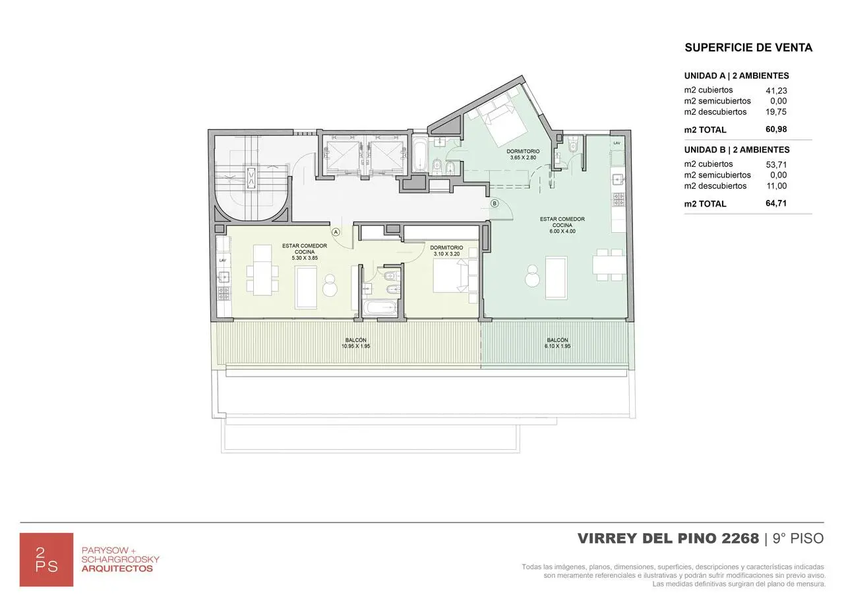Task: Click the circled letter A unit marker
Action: [336, 232]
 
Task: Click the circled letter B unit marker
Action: [495, 203]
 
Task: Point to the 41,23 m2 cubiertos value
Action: [775, 90]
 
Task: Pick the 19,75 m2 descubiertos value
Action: [775, 112]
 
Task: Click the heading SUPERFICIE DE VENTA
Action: [748, 47]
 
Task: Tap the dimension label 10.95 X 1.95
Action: [355, 346]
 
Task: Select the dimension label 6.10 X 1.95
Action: [557, 346]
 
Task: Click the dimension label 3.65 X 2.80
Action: [524, 158]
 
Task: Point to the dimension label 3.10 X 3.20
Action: [446, 253]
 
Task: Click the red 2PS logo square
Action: [46, 559]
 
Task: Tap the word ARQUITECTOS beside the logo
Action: [117, 569]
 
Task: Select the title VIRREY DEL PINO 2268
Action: [668, 538]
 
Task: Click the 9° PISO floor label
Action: [798, 538]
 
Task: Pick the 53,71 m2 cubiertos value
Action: [775, 164]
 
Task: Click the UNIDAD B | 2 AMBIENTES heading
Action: [737, 150]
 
